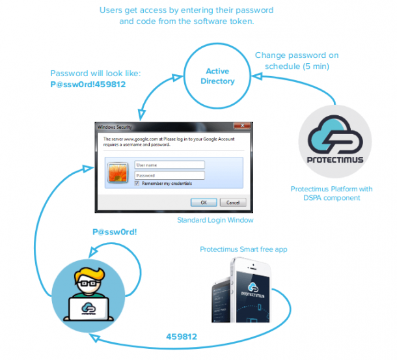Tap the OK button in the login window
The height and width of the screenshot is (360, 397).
(x=204, y=202)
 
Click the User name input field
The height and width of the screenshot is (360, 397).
(x=169, y=165)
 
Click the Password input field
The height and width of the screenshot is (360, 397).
(x=169, y=175)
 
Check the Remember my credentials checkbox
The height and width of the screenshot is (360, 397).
(x=137, y=184)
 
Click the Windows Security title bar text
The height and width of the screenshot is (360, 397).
(x=113, y=126)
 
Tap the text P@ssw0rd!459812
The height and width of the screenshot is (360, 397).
(x=87, y=85)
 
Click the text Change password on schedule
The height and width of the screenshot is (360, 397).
(x=297, y=61)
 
